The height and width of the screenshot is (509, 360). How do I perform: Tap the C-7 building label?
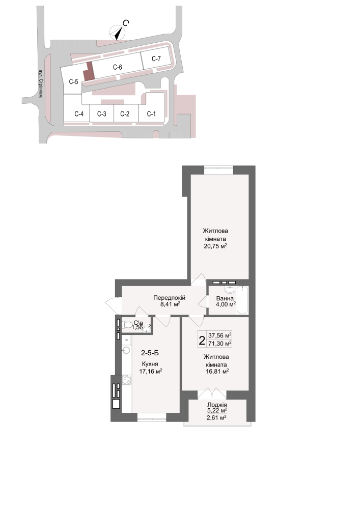tap(156, 59)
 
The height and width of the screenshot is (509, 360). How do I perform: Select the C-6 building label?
tap(118, 67)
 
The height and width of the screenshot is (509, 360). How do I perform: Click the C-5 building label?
tap(74, 81)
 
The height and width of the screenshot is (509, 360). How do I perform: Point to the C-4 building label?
tap(79, 114)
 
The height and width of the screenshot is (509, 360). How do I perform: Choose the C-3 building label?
tap(102, 114)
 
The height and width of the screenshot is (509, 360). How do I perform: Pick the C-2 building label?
tap(125, 114)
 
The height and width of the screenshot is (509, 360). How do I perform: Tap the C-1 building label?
tap(151, 114)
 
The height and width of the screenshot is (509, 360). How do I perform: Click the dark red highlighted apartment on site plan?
tap(88, 71)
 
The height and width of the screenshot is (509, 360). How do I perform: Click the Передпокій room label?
tap(169, 298)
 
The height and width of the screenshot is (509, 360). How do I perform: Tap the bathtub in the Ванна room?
tap(242, 300)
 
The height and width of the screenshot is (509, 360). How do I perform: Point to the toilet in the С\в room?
tap(127, 324)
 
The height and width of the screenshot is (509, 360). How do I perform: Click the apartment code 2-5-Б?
tap(150, 353)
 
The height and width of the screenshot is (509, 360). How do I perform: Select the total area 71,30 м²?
tap(220, 343)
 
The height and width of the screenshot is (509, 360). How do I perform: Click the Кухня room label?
tap(150, 364)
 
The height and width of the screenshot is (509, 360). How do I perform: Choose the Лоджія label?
tap(217, 405)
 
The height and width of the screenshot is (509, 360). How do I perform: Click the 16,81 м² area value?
tap(217, 372)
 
